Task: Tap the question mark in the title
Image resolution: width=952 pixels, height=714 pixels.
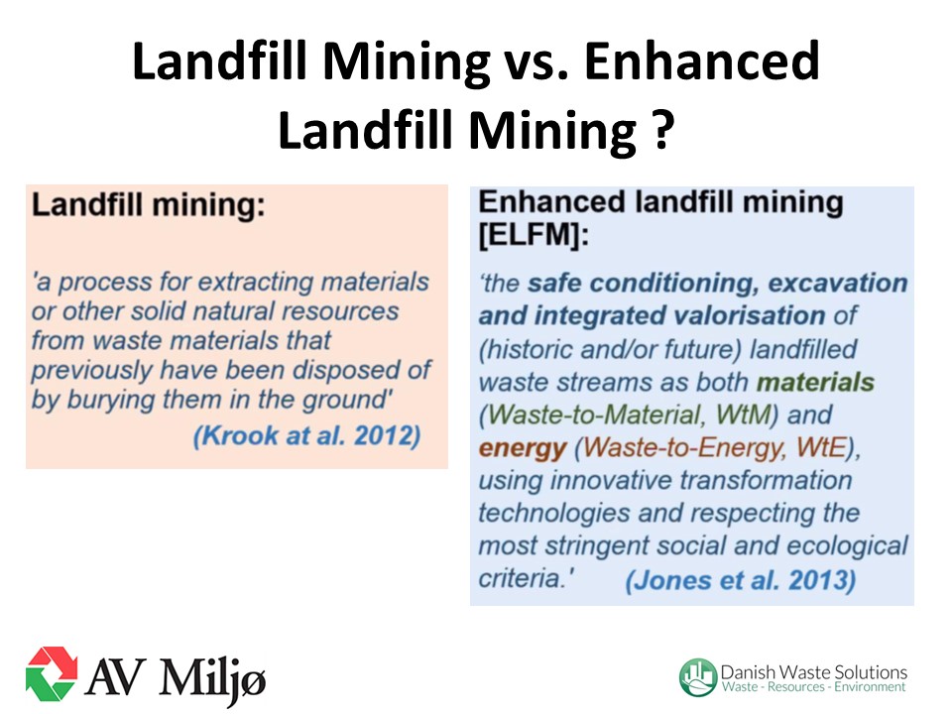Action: click(663, 131)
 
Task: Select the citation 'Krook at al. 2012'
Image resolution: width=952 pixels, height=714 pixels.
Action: click(306, 436)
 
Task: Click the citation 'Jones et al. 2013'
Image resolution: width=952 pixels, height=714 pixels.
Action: click(741, 580)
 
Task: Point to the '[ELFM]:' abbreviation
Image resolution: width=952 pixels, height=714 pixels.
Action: click(534, 234)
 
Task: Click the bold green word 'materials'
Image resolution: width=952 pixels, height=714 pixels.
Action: click(815, 383)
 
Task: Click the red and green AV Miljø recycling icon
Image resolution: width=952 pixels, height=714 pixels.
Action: click(52, 674)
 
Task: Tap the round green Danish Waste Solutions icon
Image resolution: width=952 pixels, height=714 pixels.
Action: click(698, 677)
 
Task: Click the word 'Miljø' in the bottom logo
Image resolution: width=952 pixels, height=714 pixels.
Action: click(212, 677)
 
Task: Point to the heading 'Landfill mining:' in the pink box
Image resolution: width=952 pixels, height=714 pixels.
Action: click(149, 205)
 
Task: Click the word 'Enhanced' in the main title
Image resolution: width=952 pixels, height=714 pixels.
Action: click(702, 61)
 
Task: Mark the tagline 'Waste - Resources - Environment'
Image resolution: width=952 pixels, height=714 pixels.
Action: click(813, 687)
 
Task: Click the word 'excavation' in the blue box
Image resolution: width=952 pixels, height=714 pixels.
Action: click(838, 284)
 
